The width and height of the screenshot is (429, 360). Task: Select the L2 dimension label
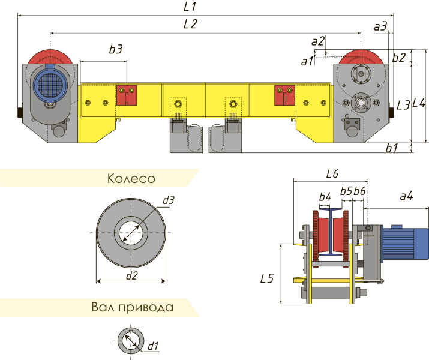(190, 25)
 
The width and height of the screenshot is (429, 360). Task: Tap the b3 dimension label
(116, 50)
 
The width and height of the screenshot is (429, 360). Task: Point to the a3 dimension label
(380, 26)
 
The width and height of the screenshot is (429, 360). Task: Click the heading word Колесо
(131, 179)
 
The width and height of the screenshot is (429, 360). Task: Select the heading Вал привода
(133, 308)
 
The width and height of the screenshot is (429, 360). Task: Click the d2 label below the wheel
(131, 275)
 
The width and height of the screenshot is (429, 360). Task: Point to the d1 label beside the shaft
(153, 345)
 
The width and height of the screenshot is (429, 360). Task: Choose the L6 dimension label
(331, 174)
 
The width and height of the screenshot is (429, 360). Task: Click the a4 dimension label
(406, 196)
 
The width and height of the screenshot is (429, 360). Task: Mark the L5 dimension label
(268, 278)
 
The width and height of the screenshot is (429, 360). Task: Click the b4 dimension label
(325, 196)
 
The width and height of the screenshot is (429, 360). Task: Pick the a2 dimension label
(318, 41)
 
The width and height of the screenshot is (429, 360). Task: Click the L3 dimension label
(403, 105)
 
